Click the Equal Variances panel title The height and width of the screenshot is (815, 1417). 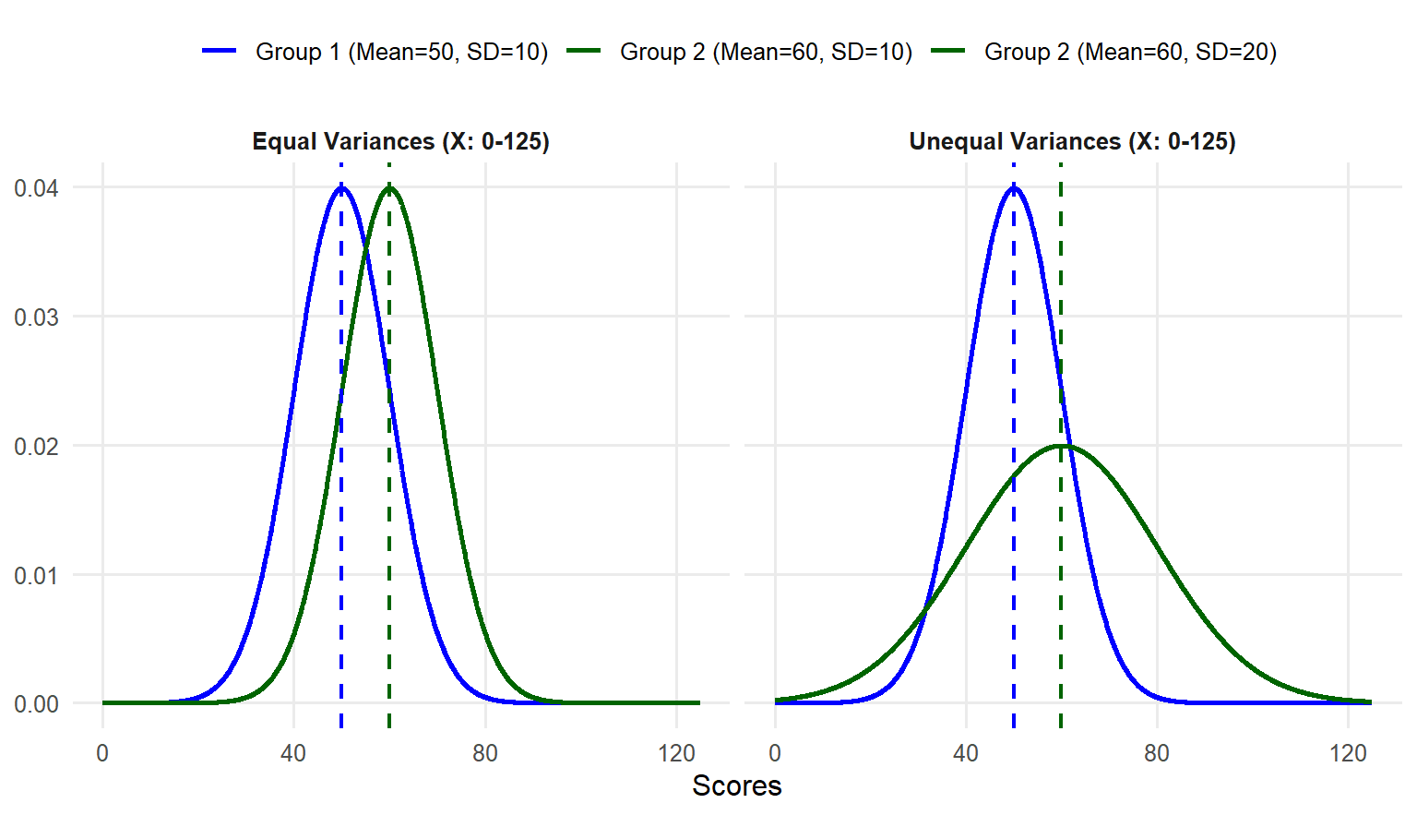click(x=400, y=141)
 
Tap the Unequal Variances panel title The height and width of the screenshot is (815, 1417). click(x=1072, y=141)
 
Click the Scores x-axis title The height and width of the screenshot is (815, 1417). click(x=737, y=785)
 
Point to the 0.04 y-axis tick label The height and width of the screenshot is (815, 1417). click(x=36, y=188)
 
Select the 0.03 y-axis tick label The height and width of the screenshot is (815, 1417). click(x=36, y=318)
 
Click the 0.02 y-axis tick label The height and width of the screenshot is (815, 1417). click(x=36, y=447)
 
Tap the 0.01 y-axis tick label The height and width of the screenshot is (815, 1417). click(x=36, y=576)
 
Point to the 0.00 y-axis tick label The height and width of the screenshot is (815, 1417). click(x=36, y=704)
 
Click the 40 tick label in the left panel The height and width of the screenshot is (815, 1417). click(x=293, y=753)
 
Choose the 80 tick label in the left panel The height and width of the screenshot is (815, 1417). click(x=485, y=753)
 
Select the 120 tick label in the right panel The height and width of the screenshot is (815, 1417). click(x=1348, y=753)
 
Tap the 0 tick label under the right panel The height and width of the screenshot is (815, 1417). click(x=775, y=753)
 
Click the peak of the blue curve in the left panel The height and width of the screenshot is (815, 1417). click(x=341, y=187)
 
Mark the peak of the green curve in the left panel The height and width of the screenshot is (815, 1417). click(x=389, y=187)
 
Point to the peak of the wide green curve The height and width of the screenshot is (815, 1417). click(x=1062, y=446)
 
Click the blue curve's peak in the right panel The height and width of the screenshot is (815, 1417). click(x=1014, y=187)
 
